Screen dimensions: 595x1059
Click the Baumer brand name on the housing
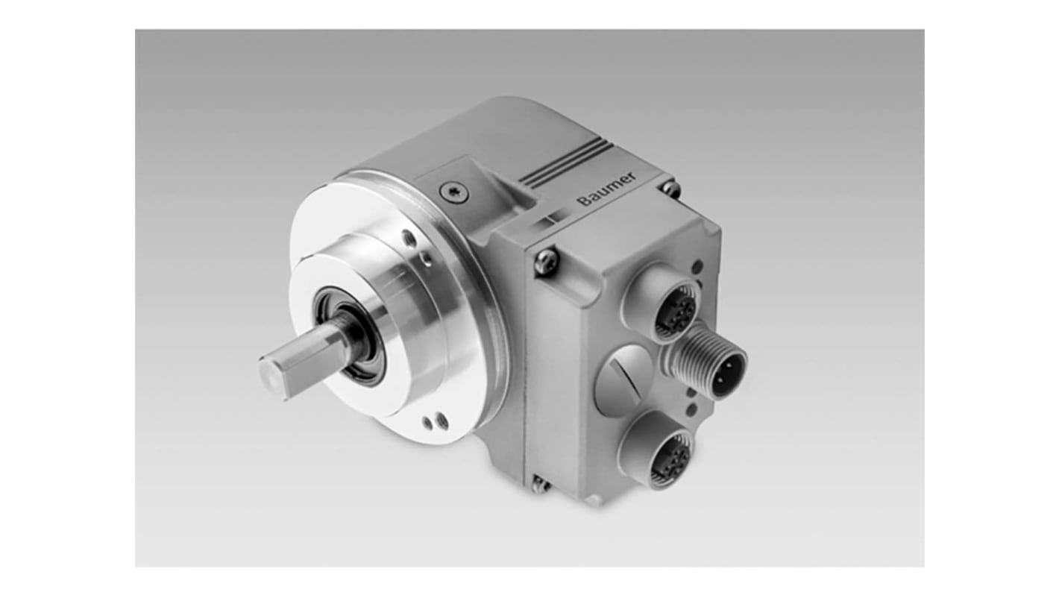click(x=606, y=188)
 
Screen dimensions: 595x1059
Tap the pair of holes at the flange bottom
click(x=434, y=421)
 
